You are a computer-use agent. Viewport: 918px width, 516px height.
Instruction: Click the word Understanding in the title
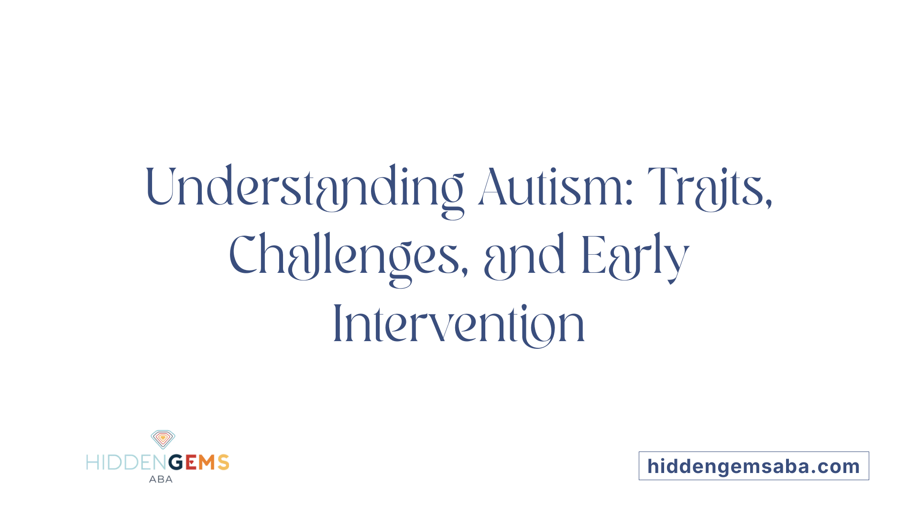304,187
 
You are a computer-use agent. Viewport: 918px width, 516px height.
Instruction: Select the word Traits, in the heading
710,187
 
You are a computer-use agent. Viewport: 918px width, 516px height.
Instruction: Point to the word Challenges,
348,256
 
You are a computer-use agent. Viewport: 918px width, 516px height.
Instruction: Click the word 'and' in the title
525,256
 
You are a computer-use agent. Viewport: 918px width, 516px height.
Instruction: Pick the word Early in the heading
635,256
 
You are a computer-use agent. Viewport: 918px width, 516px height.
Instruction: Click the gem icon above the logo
163,439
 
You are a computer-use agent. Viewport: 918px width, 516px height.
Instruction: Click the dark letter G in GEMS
175,462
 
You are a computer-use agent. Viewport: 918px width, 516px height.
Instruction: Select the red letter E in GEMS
191,462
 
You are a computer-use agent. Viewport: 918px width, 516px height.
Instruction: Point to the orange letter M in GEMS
207,462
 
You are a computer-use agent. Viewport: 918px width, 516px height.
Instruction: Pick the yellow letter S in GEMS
223,462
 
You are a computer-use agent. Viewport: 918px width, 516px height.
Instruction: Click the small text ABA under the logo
161,479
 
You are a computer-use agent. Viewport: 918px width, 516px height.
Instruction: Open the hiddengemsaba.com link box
754,466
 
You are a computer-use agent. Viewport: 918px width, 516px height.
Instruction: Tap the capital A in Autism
492,187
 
